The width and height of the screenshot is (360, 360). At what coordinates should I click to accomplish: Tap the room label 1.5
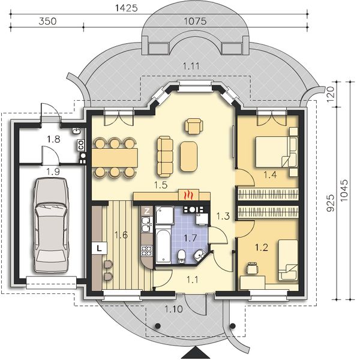coord(160,185)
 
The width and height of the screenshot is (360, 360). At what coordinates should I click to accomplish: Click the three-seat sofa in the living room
coord(164,153)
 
